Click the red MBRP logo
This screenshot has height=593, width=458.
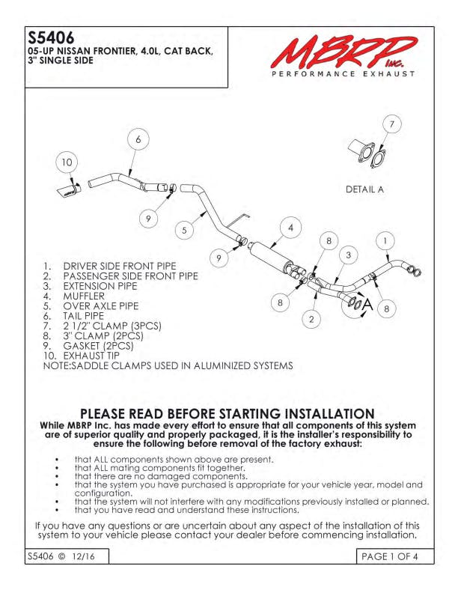click(343, 52)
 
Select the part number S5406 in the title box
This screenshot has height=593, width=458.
click(51, 38)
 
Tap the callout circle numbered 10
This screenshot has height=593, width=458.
click(67, 162)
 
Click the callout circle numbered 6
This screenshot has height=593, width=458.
click(138, 139)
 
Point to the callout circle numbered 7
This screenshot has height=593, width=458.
click(392, 124)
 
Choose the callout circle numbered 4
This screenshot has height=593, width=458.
click(290, 228)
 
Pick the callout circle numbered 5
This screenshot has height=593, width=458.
click(184, 231)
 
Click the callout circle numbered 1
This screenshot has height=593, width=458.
click(385, 241)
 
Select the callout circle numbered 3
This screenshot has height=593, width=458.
click(349, 255)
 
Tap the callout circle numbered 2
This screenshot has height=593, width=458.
click(311, 319)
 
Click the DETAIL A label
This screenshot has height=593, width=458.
click(364, 189)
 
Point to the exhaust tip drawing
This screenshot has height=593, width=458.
click(69, 191)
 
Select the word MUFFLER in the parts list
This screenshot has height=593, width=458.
click(84, 296)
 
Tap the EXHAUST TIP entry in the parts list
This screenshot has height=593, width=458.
click(91, 356)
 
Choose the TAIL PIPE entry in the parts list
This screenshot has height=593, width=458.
click(84, 316)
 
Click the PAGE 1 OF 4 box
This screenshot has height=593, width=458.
click(395, 556)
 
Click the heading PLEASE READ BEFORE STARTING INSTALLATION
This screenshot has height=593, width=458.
click(228, 413)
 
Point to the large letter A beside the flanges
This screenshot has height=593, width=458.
click(367, 304)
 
